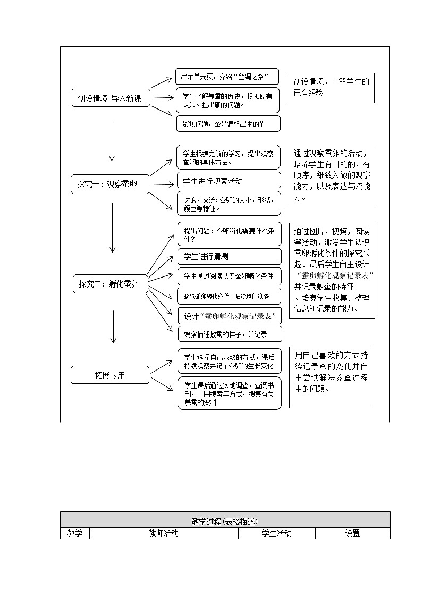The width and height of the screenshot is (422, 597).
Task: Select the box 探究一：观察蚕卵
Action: click(110, 184)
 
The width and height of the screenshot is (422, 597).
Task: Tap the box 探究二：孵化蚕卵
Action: click(110, 284)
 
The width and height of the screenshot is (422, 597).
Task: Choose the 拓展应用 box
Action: click(110, 375)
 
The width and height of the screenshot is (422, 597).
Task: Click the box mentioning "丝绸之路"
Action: click(227, 76)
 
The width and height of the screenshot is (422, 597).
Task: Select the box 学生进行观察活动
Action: click(229, 181)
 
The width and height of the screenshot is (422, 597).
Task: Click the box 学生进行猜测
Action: click(229, 256)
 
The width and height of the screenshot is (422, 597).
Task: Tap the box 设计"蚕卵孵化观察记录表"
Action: click(230, 316)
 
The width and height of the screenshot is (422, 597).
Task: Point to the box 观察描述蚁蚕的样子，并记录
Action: click(230, 334)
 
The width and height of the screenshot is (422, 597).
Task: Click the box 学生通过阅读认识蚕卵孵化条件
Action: click(229, 276)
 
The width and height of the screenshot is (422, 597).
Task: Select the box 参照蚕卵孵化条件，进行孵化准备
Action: click(229, 296)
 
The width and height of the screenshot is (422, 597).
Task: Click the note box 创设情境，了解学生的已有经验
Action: click(332, 87)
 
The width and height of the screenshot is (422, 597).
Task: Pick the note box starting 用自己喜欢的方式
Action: click(331, 377)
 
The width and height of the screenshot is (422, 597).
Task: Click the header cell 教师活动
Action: click(164, 533)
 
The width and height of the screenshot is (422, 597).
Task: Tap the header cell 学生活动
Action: click(276, 533)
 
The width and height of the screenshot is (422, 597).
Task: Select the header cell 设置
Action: click(352, 533)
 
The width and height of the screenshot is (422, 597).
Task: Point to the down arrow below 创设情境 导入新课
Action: click(112, 140)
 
